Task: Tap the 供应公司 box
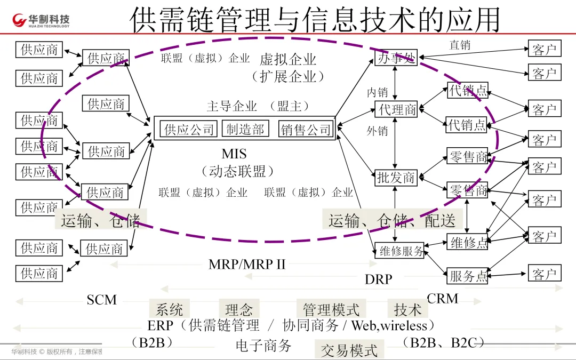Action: point(189,129)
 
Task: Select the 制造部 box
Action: point(245,129)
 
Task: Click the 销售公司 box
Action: point(306,129)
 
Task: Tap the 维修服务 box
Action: point(401,251)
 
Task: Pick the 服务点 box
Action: point(468,276)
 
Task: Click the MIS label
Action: point(234,154)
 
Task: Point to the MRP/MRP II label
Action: point(247,264)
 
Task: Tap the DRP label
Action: point(378,279)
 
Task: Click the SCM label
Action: point(102,300)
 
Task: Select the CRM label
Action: point(443,299)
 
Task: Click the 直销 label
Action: point(460,45)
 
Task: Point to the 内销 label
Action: point(377,92)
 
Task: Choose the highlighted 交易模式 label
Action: point(349,350)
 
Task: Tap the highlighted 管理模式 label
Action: point(331,309)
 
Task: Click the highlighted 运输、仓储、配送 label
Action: point(392,220)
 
